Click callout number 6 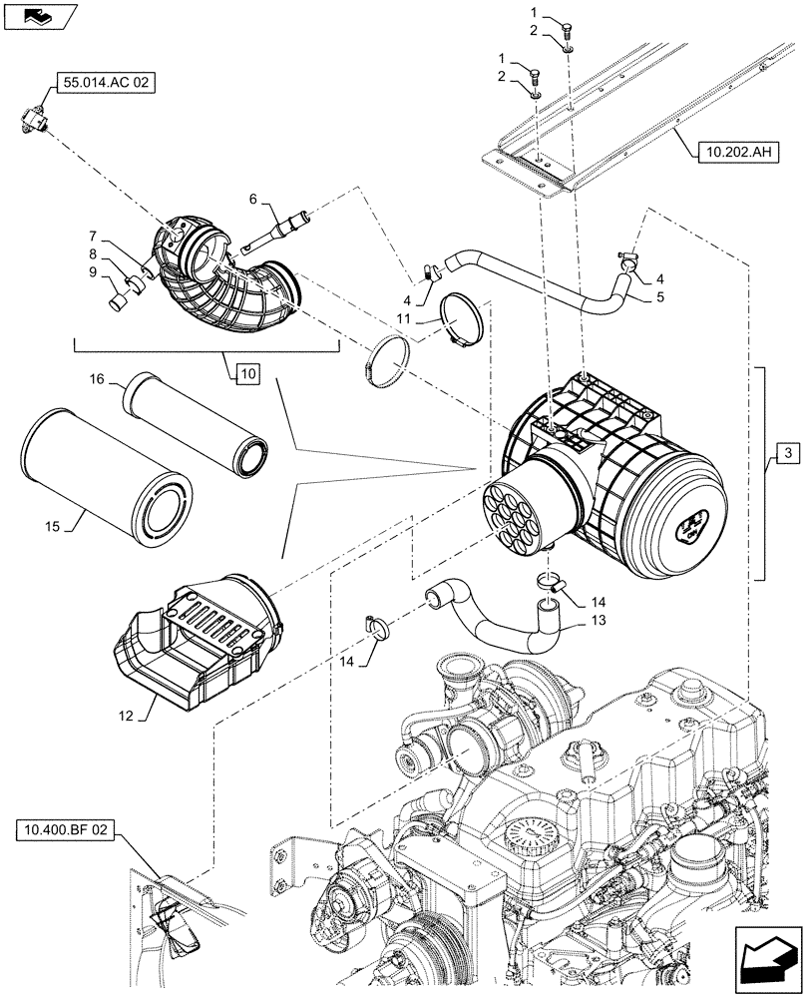coord(252,200)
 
